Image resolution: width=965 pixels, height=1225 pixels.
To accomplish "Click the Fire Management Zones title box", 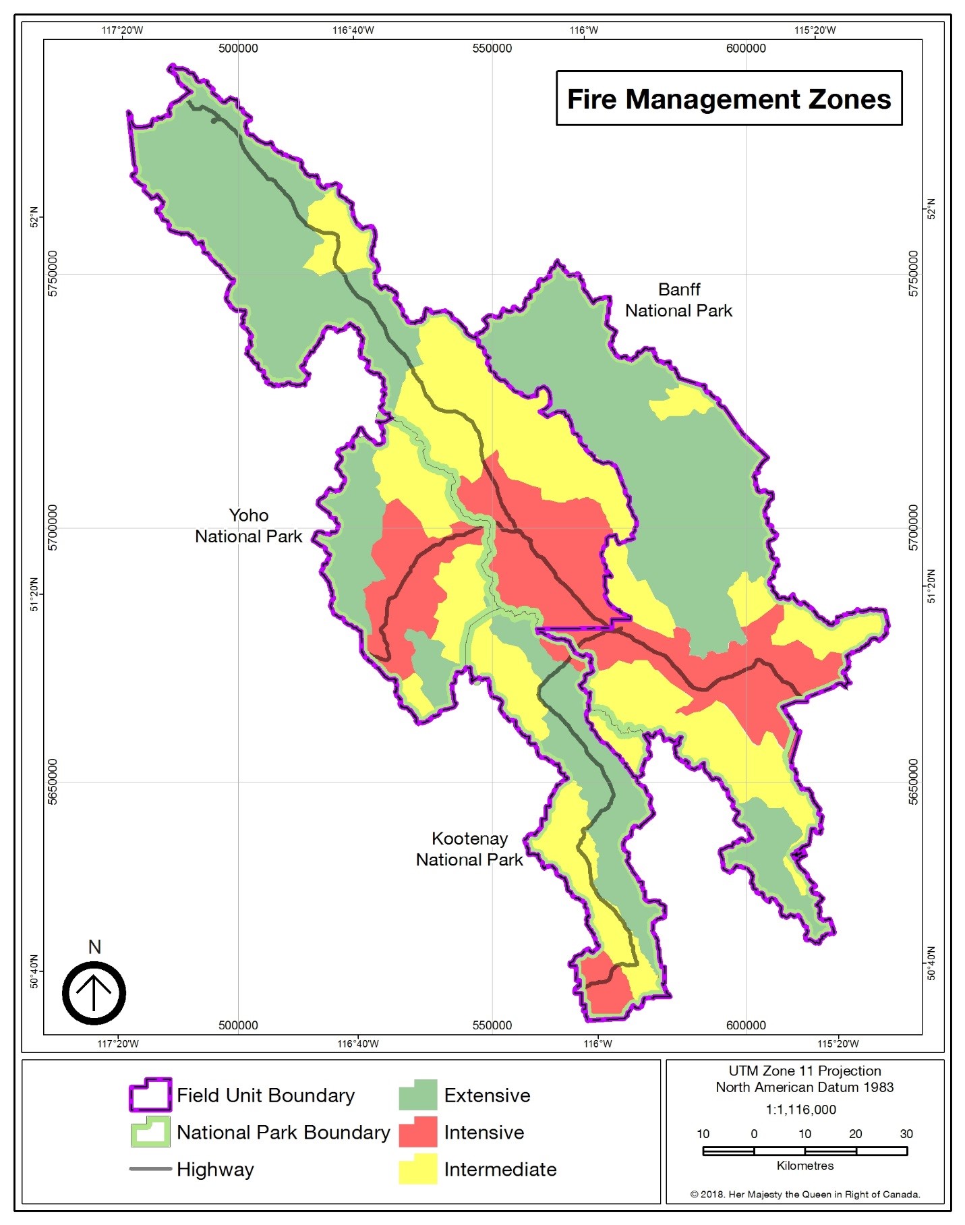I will click(728, 98).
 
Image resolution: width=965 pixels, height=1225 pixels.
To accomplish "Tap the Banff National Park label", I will click(678, 300).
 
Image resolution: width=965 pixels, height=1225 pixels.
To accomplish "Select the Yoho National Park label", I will click(248, 525).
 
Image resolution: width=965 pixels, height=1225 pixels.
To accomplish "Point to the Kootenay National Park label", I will click(469, 849).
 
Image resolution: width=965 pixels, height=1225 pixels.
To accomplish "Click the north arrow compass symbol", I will click(94, 992).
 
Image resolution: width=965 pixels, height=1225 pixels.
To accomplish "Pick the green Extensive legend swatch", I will click(417, 1095).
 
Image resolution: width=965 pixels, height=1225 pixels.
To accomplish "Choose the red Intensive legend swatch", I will click(417, 1132).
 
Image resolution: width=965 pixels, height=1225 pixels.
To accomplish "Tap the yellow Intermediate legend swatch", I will click(417, 1169).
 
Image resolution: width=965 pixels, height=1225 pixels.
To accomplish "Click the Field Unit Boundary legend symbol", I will click(150, 1095).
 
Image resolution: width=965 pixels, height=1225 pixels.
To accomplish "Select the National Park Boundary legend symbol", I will click(150, 1132).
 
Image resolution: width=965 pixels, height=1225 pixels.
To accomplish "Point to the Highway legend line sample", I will click(150, 1169).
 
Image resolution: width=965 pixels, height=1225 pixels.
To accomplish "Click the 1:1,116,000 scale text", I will click(800, 1110).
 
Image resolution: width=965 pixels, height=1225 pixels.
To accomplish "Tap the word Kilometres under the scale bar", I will click(805, 1166).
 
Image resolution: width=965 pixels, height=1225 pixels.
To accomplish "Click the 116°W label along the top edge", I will click(583, 30).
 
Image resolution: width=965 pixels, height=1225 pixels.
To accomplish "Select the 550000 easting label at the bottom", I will click(492, 1025).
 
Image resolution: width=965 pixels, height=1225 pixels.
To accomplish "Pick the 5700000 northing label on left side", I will click(53, 528).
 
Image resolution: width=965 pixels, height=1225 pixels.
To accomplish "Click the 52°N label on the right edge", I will click(931, 208).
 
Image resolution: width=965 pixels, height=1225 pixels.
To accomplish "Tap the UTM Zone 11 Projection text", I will click(805, 1071).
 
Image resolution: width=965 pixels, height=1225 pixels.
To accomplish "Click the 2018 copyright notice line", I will click(805, 1194).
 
